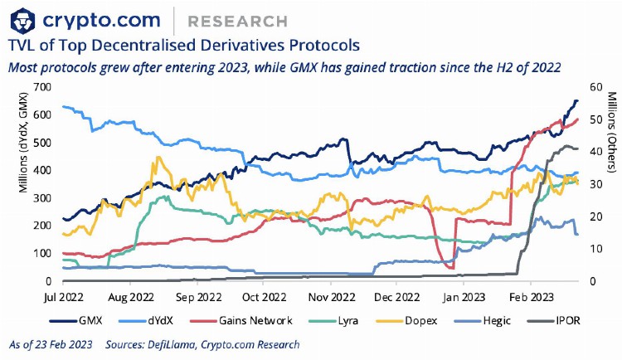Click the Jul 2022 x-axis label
point(63,295)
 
